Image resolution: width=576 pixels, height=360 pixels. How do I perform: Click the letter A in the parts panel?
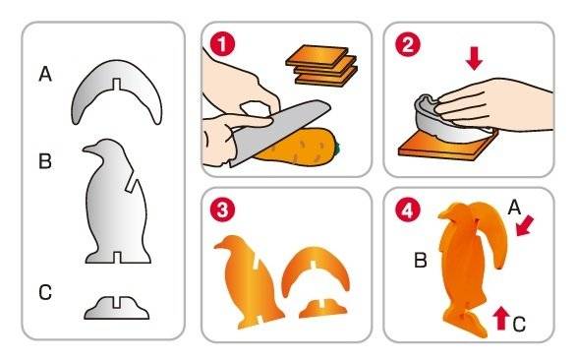pos(45,74)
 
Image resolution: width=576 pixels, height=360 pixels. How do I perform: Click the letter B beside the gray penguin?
pos(45,161)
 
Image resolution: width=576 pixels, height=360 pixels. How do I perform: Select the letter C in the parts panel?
pos(45,292)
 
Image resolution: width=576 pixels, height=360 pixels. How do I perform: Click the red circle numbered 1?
pos(222,43)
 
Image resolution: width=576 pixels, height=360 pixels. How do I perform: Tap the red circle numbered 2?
pos(407,43)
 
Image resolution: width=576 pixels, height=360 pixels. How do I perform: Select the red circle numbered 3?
pos(222,210)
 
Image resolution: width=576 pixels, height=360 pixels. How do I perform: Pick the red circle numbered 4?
pos(407,210)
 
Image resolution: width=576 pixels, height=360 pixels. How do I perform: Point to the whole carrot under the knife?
pos(298,148)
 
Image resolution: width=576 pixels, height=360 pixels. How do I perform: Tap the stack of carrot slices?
pos(321,66)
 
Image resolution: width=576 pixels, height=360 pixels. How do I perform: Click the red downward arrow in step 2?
pos(474,58)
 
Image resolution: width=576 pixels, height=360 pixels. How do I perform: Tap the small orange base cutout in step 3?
pos(323,309)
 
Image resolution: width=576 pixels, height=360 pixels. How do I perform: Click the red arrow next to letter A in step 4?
pos(525,226)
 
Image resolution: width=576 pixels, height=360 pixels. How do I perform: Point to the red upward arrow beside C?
pos(501,318)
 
